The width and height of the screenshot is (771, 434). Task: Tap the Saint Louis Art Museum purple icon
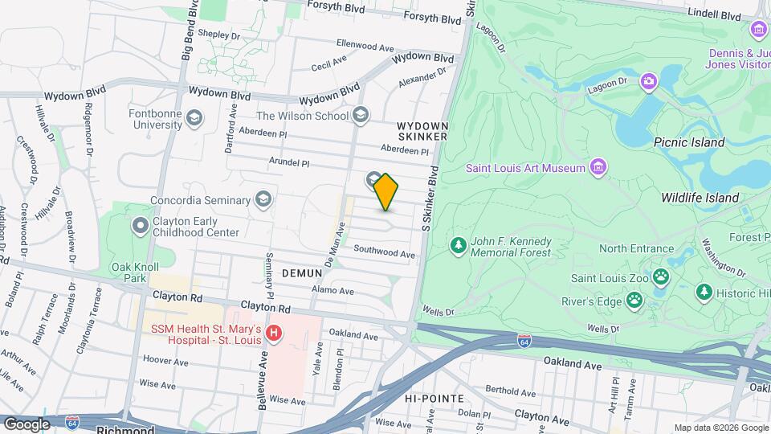[x=597, y=167]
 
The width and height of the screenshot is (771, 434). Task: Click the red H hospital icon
[x=275, y=332]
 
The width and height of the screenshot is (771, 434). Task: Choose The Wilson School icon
[x=361, y=116]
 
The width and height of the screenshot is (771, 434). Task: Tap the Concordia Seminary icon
[x=263, y=199]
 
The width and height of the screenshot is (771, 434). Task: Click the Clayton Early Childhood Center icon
[x=141, y=226]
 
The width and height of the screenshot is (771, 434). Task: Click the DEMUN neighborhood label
[x=302, y=273]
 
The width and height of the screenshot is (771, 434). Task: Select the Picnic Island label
[x=689, y=142]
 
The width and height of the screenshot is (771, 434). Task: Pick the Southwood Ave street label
[x=384, y=254]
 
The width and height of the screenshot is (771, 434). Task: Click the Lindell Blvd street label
[x=714, y=15]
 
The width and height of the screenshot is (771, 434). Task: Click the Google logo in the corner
[x=27, y=424]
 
